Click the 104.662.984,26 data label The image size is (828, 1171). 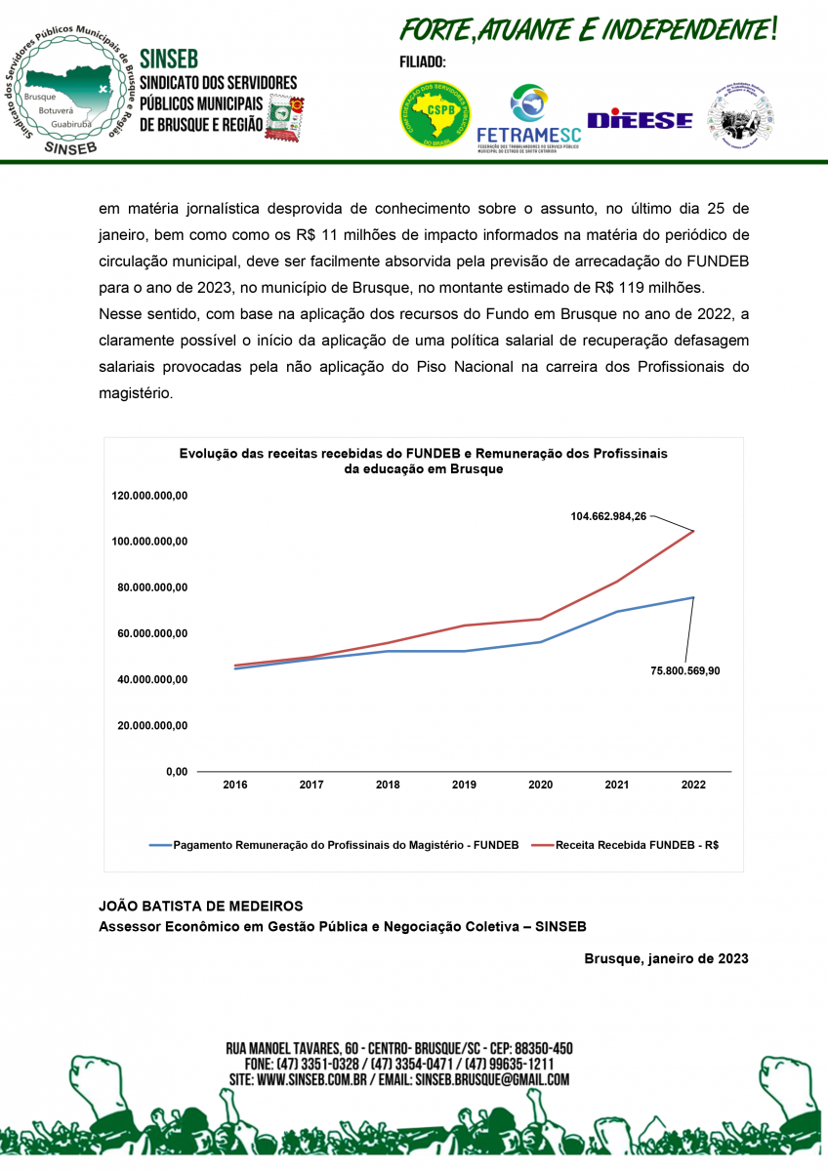(608, 516)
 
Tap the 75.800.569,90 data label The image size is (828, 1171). (685, 670)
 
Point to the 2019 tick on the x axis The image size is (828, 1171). (464, 785)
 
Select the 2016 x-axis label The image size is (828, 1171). (234, 785)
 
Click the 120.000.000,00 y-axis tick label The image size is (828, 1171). (149, 496)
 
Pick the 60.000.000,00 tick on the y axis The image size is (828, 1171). (149, 634)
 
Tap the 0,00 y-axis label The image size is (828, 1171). (177, 772)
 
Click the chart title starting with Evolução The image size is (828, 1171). (424, 461)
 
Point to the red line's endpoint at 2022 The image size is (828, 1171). (693, 531)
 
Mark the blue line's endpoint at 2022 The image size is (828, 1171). (693, 597)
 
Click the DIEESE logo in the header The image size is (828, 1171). (640, 120)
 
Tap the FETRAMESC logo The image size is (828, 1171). (528, 121)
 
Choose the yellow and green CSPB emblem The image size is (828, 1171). (435, 114)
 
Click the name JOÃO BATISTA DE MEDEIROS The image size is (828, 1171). (201, 906)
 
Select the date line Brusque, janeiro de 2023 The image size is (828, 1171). (666, 958)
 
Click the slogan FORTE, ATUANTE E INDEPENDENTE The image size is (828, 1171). (590, 30)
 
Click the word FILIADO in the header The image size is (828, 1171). (423, 62)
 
